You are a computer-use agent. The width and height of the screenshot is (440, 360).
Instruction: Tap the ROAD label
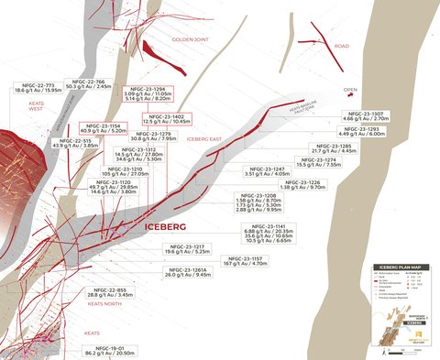pos(342,46)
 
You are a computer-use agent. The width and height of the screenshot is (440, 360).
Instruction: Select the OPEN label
pos(349,90)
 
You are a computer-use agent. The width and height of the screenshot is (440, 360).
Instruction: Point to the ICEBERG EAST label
pos(204,138)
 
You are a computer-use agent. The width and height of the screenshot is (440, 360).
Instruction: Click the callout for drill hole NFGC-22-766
pos(88,83)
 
